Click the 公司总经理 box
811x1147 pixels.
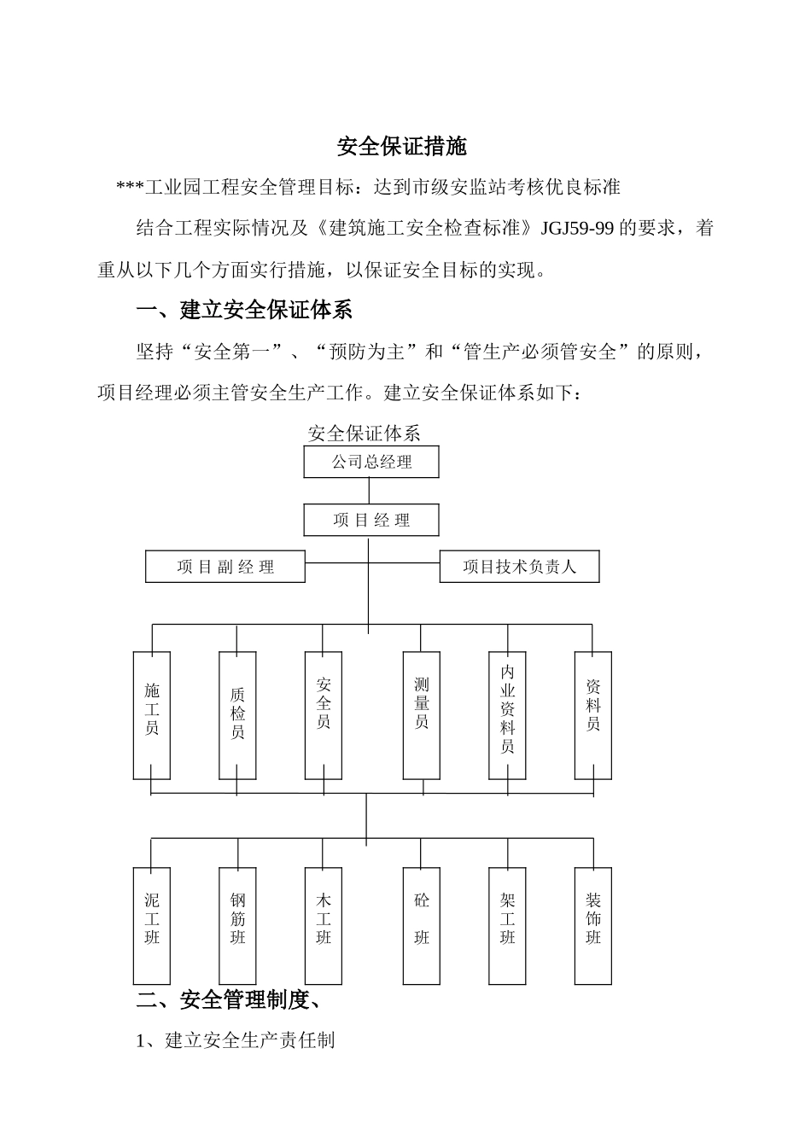click(371, 462)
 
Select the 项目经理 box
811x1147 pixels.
click(371, 520)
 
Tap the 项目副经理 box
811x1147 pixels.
click(225, 567)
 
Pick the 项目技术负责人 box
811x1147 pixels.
click(519, 567)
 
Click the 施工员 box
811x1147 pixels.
click(152, 715)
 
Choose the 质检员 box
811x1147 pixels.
click(237, 715)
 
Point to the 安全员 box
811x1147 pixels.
click(324, 715)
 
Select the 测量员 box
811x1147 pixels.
click(422, 715)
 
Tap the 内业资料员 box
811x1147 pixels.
click(508, 715)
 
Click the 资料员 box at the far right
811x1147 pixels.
click(593, 715)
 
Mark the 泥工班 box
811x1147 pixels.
click(152, 926)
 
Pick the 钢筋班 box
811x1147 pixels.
click(237, 926)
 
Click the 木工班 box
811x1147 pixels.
click(324, 926)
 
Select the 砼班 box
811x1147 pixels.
click(422, 926)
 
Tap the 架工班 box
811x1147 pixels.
click(508, 926)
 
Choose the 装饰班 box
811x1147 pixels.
click(593, 926)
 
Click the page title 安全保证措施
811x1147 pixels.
click(402, 147)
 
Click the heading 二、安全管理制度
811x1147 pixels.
click(228, 999)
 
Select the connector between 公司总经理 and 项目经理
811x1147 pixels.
click(369, 491)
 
